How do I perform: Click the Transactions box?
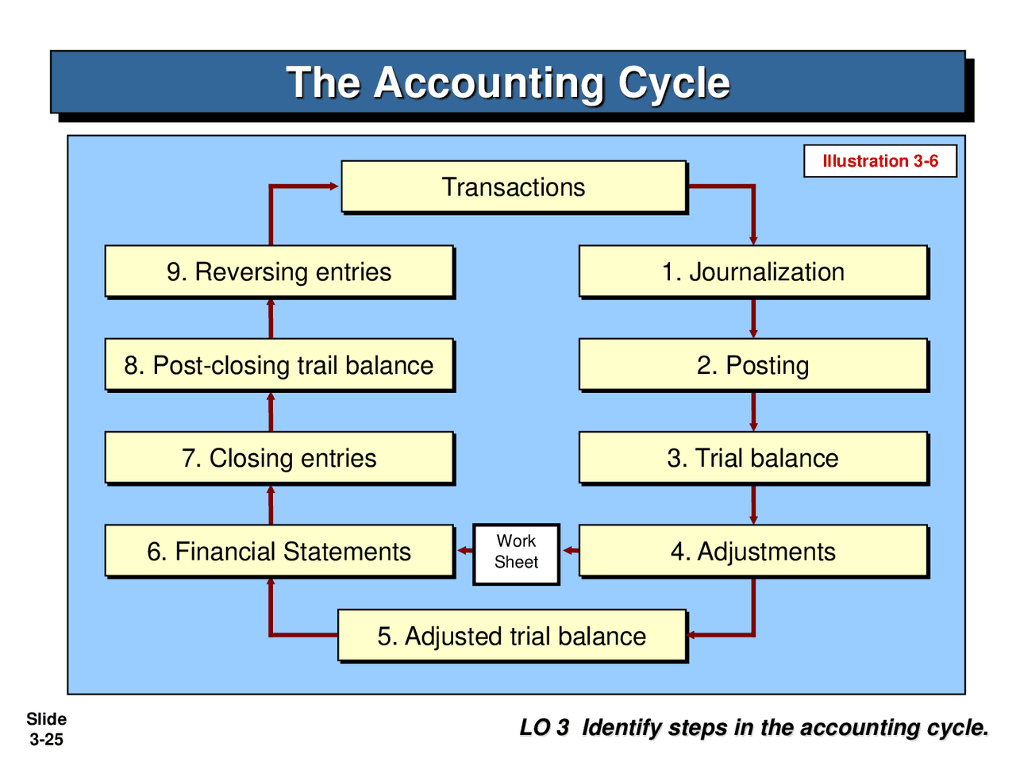coord(514,187)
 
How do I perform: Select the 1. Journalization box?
coord(753,271)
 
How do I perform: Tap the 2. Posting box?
coord(753,365)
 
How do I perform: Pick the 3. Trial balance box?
coord(753,458)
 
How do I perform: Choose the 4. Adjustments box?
coord(753,551)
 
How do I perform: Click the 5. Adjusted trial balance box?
coord(512,636)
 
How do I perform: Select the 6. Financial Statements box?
coord(279,551)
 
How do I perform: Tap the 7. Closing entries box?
coord(279,458)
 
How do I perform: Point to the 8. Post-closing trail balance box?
coord(279,365)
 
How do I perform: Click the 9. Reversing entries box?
coord(279,271)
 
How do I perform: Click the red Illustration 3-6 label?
coord(879,161)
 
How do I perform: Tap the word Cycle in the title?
coord(674,83)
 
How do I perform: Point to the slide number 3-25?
coord(46,740)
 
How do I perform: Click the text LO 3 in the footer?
coord(545,727)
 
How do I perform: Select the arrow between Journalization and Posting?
coord(753,319)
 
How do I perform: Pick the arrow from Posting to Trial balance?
coord(753,412)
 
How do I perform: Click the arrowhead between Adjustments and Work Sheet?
coord(569,551)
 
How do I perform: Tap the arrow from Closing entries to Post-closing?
coord(271,411)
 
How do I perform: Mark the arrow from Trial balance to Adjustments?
coord(753,505)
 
